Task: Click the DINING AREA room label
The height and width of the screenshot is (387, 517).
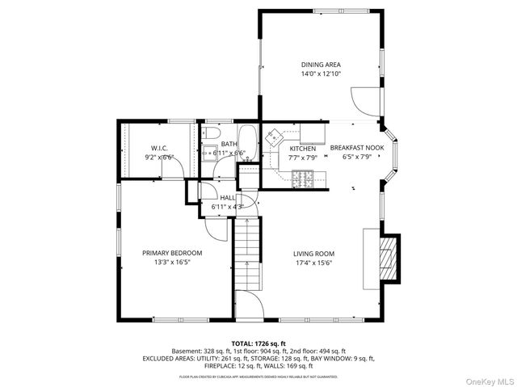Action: coord(321,65)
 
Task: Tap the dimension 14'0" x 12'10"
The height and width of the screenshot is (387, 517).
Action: coord(321,74)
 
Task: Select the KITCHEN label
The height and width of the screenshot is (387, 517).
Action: coord(302,149)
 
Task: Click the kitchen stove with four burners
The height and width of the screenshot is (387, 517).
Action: coord(306,178)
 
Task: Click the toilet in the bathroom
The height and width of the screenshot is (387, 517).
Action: coord(211,133)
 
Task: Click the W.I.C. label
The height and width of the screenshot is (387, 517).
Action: coord(158,148)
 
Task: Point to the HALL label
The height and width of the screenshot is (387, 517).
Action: coord(227,198)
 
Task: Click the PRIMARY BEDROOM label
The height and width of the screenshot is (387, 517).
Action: coord(172,253)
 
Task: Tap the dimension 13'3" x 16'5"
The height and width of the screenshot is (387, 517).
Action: coord(172,262)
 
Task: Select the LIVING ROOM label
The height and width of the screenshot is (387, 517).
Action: coord(313,253)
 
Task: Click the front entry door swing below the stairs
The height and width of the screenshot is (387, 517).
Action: coord(248,305)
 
